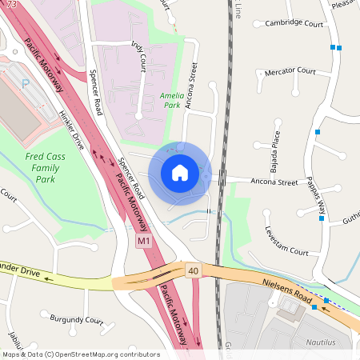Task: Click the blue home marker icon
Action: click(x=180, y=172)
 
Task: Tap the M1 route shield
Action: click(x=143, y=241)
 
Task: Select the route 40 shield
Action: click(x=193, y=272)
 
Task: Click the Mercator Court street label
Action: click(x=290, y=70)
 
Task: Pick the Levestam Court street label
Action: click(x=286, y=241)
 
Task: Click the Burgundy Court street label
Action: click(x=77, y=320)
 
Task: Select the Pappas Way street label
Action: click(x=317, y=195)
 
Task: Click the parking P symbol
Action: click(x=25, y=83)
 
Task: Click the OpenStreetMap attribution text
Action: click(x=80, y=354)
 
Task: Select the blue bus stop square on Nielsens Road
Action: click(x=326, y=301)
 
